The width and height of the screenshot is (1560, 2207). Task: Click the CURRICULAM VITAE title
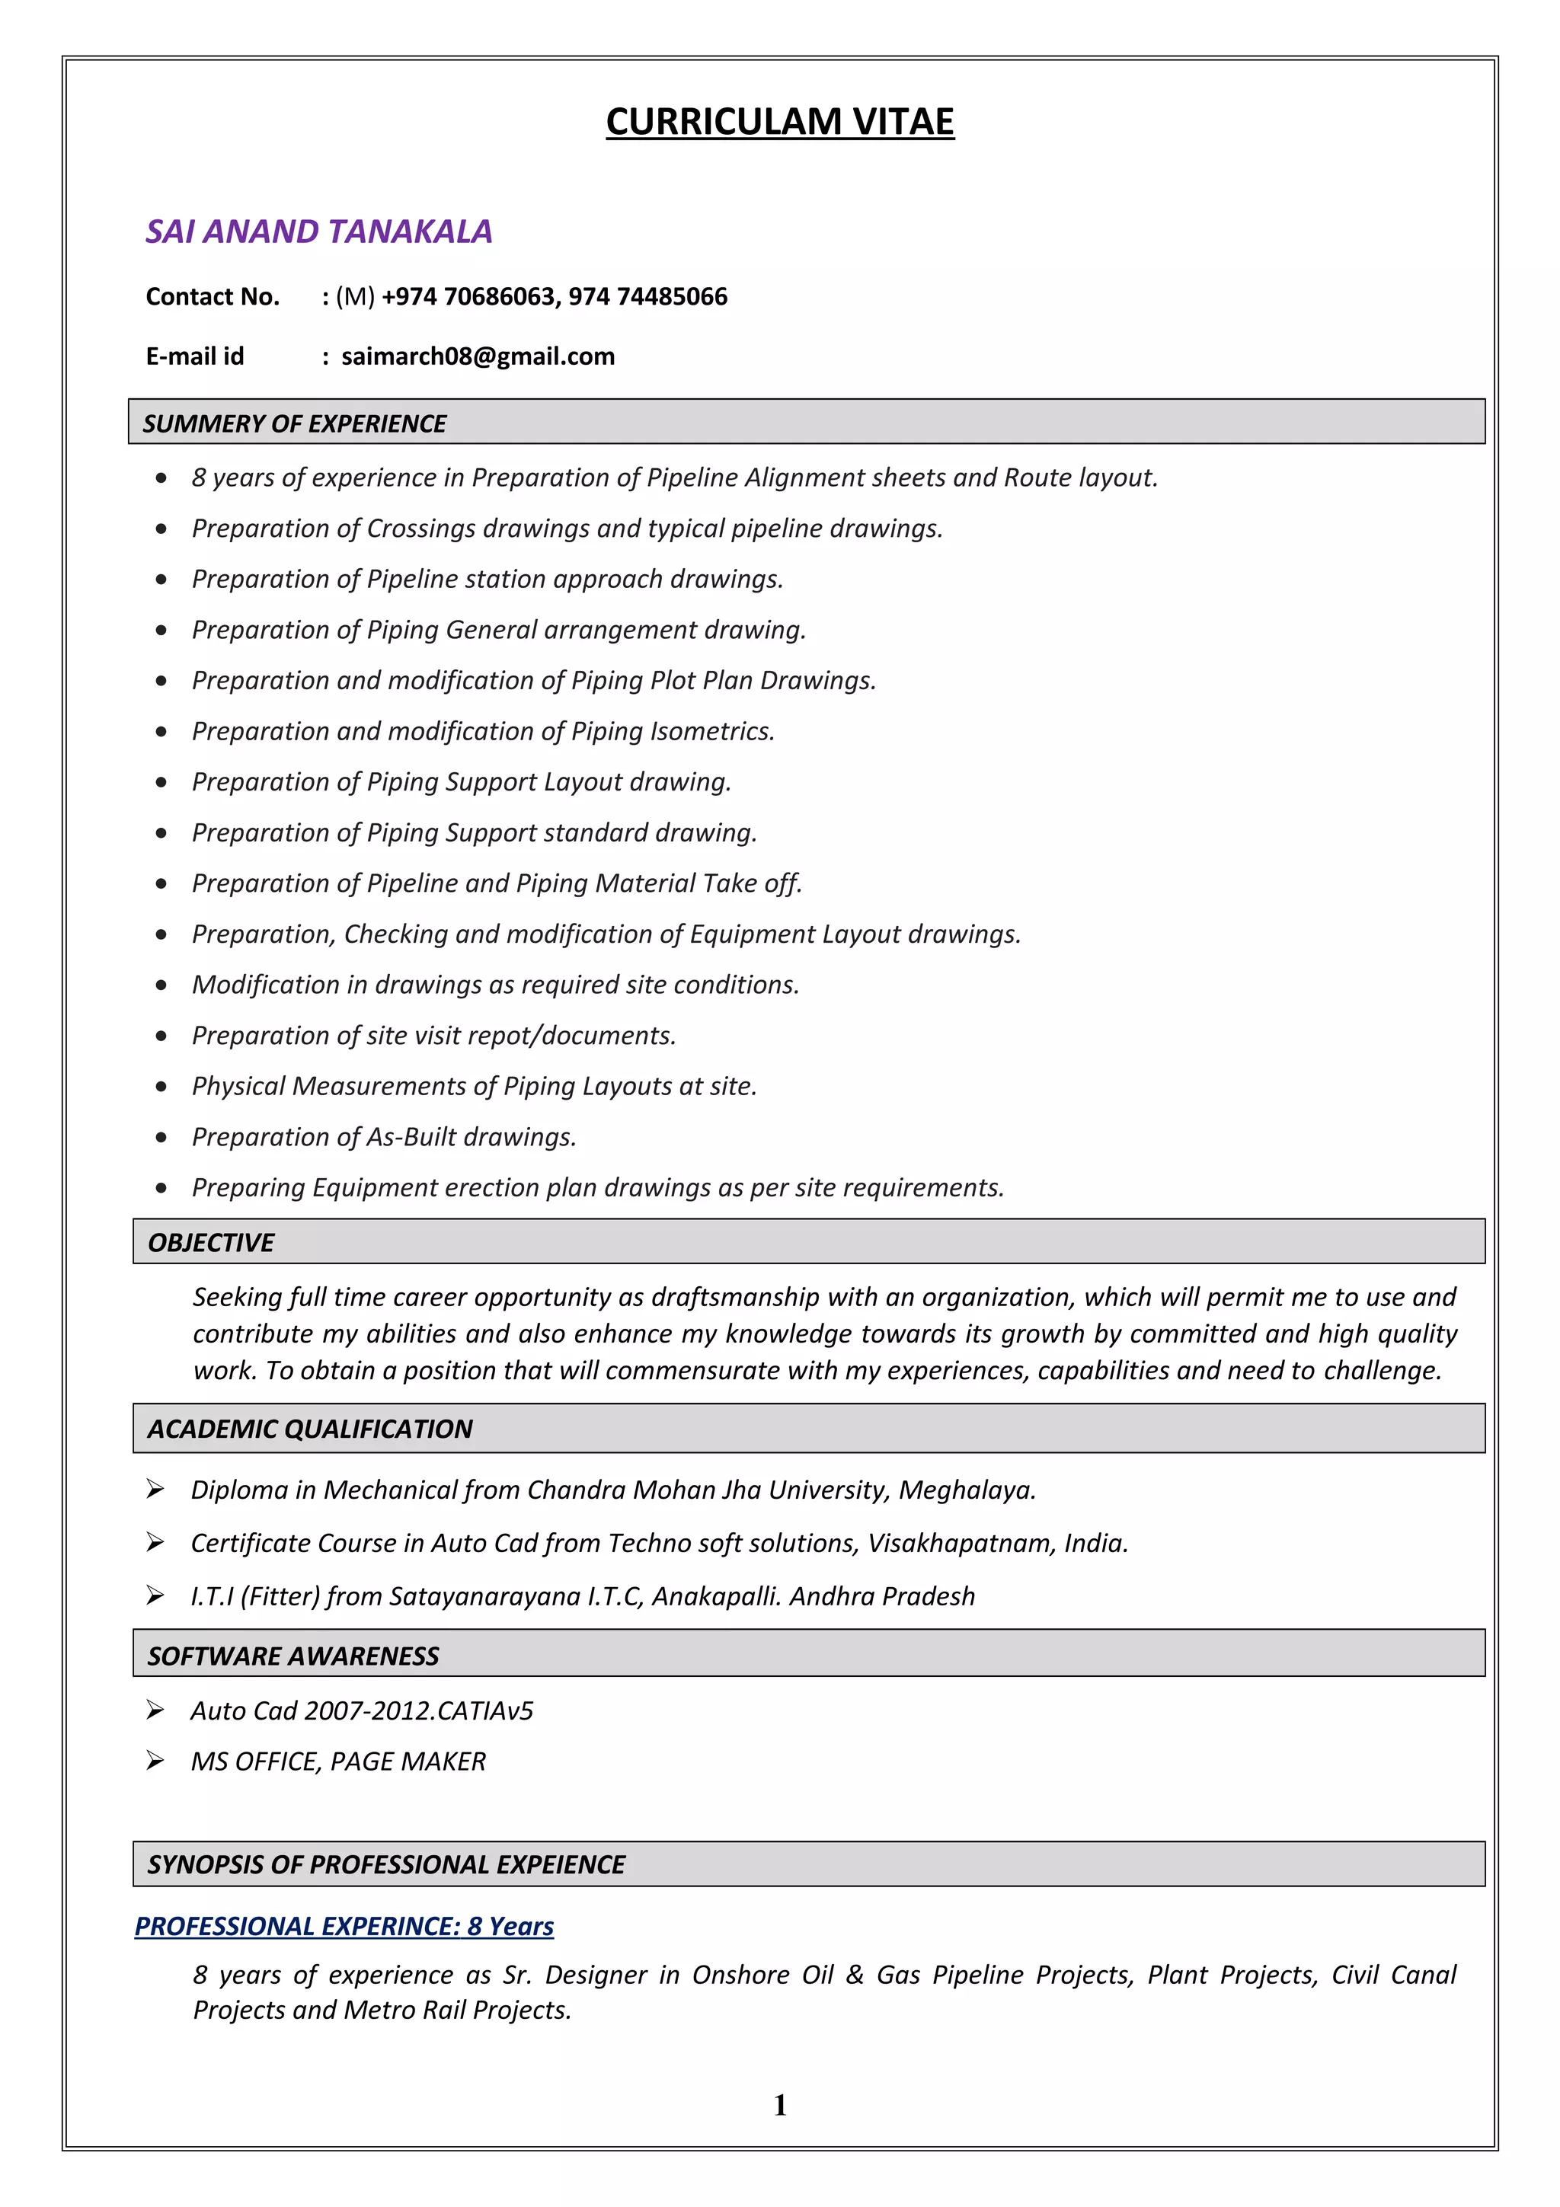(779, 122)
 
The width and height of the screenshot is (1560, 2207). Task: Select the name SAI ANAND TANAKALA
(318, 232)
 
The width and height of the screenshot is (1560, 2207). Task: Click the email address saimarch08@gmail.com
(478, 356)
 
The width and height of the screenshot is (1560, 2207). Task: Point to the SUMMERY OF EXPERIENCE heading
(294, 424)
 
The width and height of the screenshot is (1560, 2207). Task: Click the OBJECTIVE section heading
(210, 1243)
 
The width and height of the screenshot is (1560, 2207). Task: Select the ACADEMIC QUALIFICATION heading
(309, 1429)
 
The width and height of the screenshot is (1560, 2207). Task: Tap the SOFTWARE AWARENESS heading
(293, 1656)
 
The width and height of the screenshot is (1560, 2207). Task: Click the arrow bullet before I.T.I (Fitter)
(155, 1595)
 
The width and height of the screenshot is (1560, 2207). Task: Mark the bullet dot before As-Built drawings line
(161, 1137)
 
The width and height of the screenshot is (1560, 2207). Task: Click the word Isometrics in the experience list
(711, 732)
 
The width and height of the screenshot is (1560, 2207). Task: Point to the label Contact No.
(213, 296)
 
